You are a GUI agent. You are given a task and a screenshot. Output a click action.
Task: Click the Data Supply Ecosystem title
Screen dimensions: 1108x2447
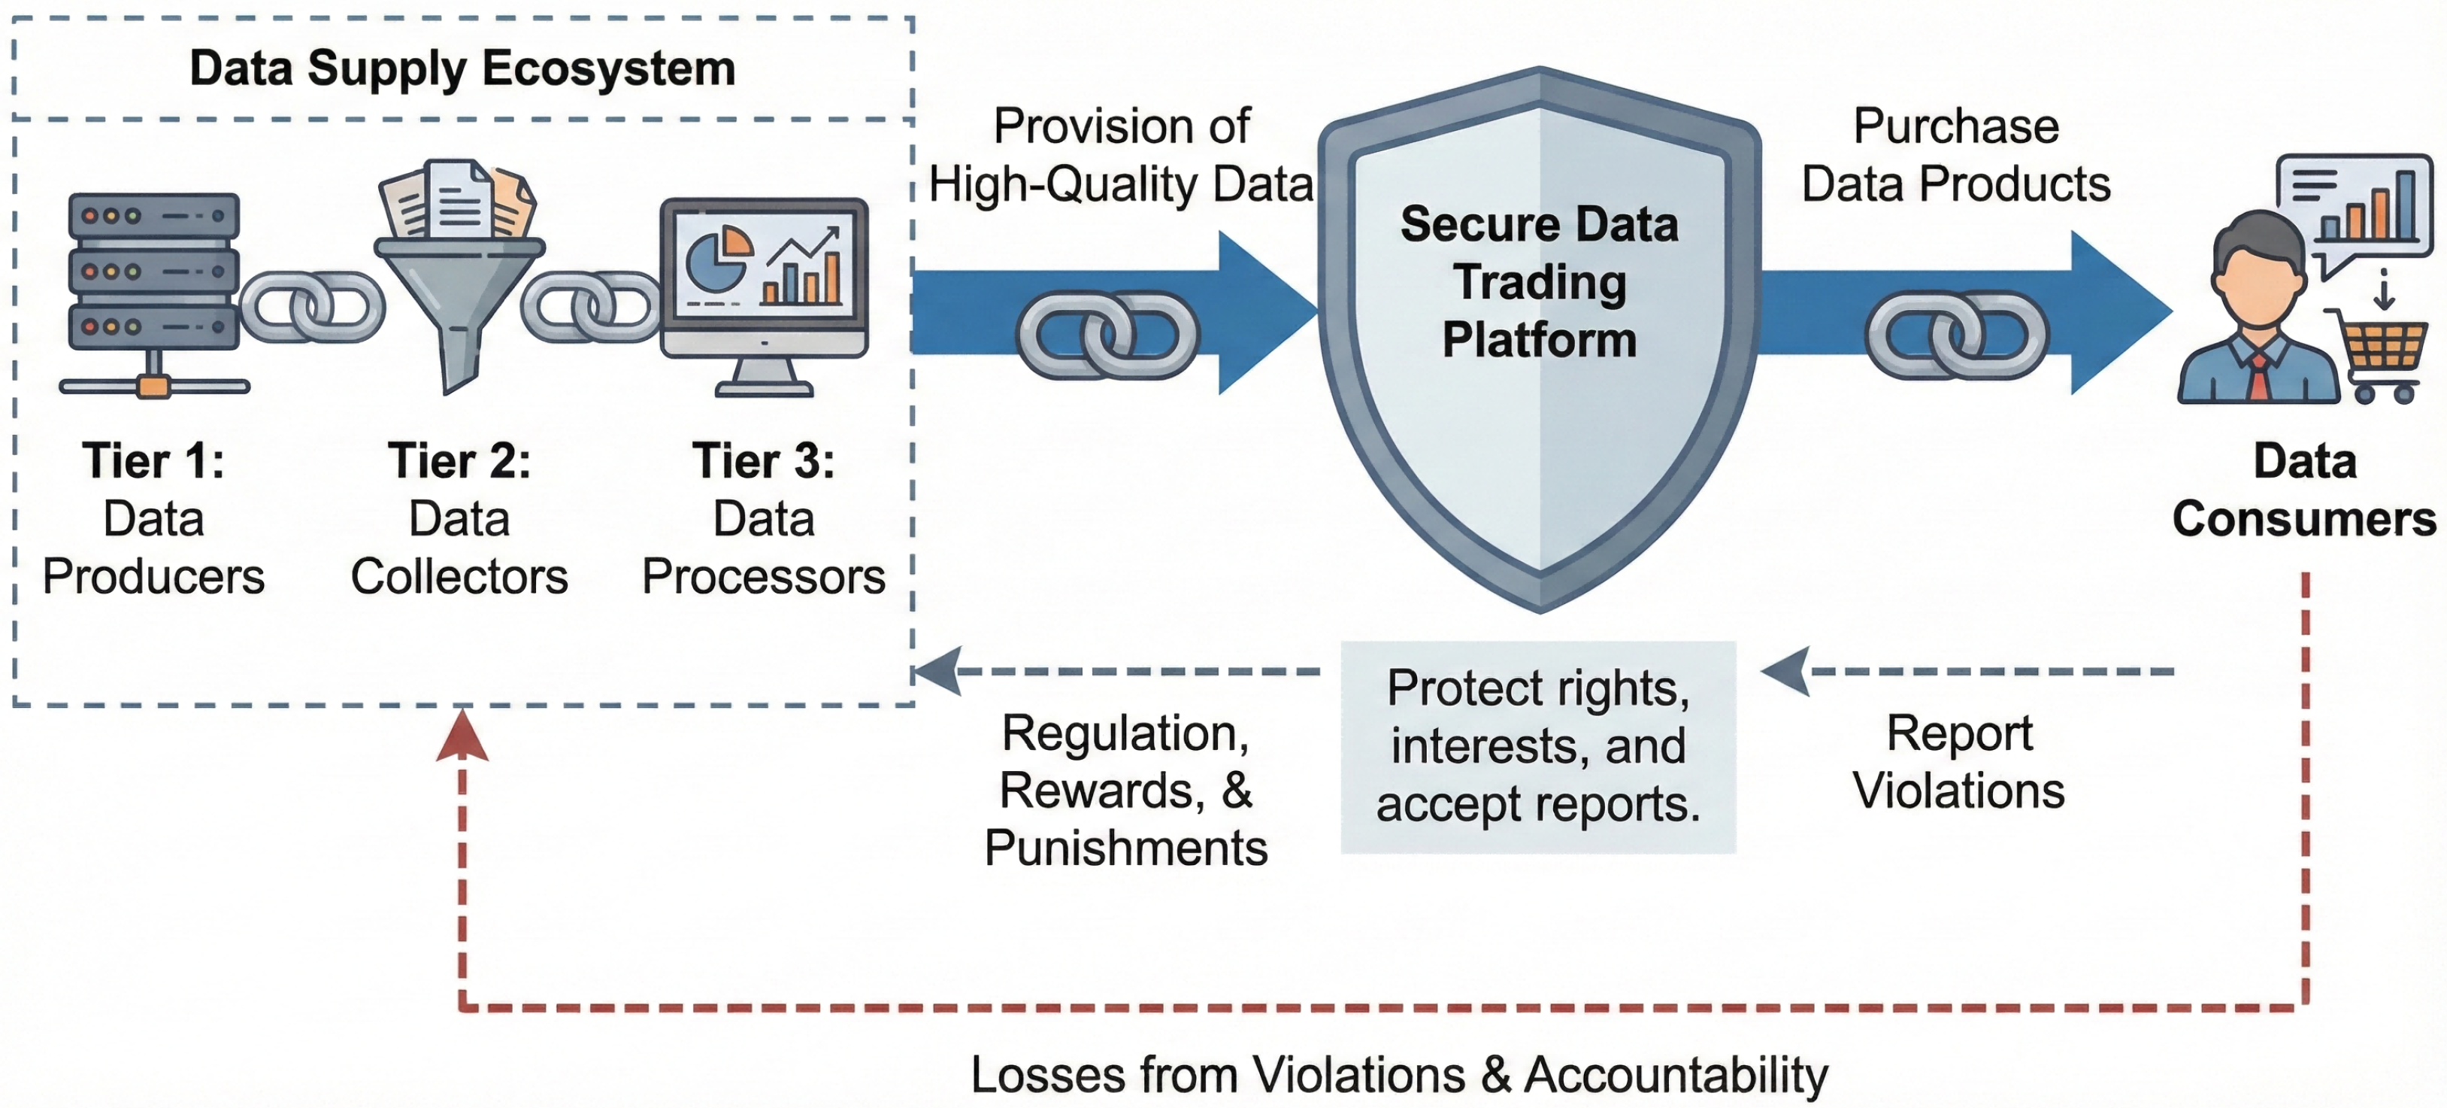tap(462, 68)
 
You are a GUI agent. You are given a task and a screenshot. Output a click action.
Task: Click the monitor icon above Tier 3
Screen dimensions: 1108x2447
tap(764, 281)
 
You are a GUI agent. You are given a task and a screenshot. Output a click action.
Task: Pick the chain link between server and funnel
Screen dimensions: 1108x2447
tap(311, 306)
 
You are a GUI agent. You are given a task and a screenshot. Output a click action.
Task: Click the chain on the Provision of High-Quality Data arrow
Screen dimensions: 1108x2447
tap(1107, 335)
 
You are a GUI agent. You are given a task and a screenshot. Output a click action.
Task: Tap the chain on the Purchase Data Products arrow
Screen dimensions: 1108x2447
tap(1957, 335)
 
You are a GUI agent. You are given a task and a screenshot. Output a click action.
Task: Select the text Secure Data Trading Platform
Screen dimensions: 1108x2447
tap(1539, 281)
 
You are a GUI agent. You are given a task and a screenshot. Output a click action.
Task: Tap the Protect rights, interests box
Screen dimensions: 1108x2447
tap(1538, 747)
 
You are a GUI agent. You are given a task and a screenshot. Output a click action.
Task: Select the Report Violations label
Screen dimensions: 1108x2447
tap(1959, 762)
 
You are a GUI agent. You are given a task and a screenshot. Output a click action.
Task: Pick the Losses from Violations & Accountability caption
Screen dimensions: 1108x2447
tap(1398, 1075)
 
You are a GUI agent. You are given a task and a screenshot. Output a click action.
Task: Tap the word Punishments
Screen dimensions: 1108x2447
tap(1125, 848)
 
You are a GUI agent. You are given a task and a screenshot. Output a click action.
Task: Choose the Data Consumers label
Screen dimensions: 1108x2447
tap(2304, 490)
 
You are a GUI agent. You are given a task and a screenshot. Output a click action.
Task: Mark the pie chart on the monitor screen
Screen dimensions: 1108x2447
tap(717, 259)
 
